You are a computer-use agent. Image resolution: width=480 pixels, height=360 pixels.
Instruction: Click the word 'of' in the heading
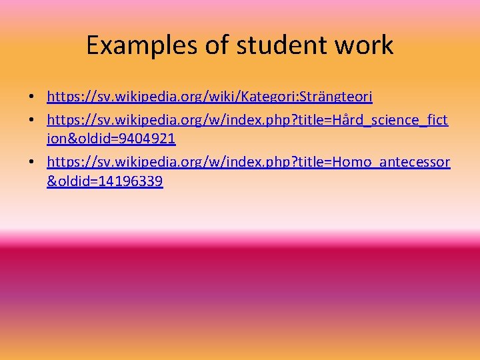click(x=207, y=46)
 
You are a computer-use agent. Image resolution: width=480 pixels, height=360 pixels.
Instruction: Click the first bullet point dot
click(x=31, y=98)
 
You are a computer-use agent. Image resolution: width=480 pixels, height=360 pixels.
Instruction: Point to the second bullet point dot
click(x=31, y=120)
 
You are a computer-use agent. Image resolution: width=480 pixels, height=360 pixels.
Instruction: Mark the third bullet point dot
click(x=31, y=163)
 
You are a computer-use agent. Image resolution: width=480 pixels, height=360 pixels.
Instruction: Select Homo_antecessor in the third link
click(x=399, y=162)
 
